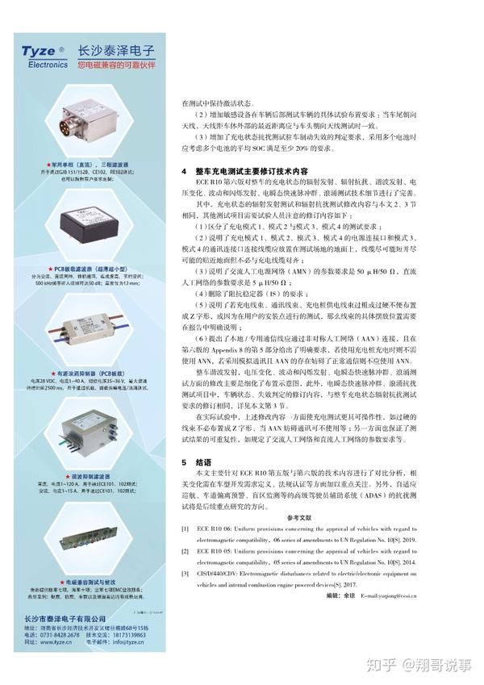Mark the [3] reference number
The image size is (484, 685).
coord(185,572)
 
